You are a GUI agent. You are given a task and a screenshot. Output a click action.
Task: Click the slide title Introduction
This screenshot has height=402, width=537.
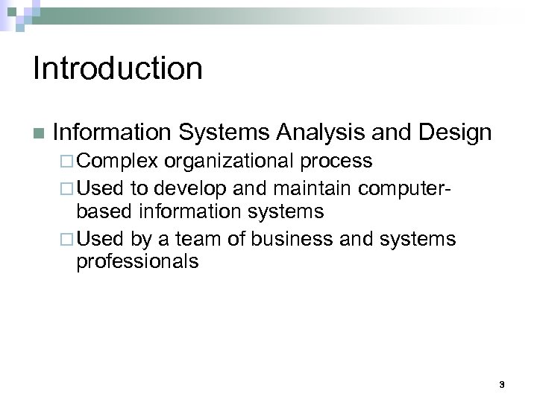[118, 68]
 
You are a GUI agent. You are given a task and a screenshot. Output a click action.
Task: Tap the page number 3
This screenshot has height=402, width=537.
[502, 384]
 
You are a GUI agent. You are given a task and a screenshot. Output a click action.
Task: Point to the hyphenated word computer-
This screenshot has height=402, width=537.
[401, 186]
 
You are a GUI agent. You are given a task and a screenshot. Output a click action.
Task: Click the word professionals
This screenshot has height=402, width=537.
[137, 262]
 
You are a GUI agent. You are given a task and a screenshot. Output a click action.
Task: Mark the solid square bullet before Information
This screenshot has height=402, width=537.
[37, 134]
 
